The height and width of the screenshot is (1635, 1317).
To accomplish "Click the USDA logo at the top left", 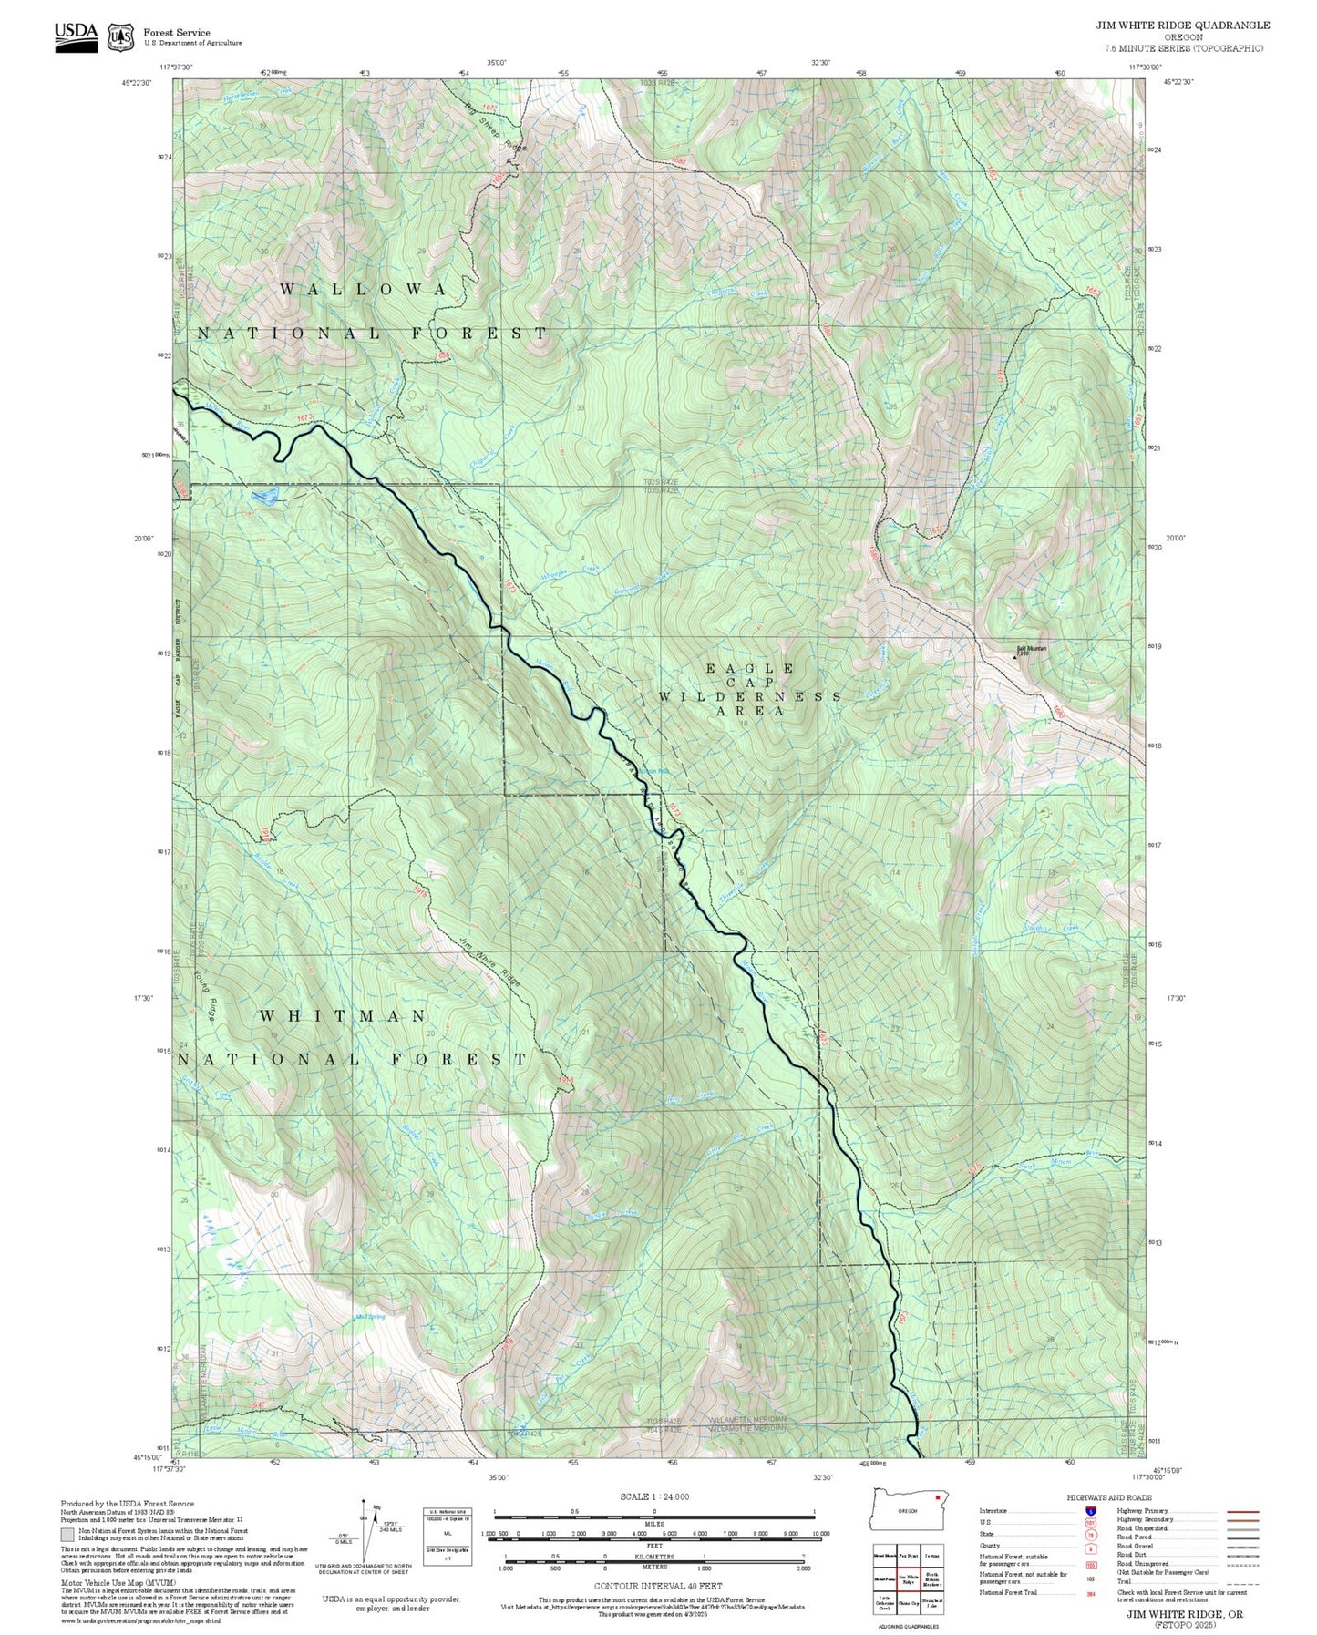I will pos(76,36).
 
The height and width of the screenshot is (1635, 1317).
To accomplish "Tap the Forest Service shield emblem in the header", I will pos(120,36).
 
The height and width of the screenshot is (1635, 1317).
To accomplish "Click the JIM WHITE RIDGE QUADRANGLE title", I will pos(1182,25).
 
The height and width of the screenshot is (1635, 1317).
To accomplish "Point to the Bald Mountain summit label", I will pos(1032,650).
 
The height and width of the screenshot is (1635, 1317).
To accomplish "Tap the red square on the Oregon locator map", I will pos(937,1496).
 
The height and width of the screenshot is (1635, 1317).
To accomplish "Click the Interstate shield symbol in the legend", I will pos(1090,1511).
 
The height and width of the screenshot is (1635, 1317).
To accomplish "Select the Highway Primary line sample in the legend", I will pos(1242,1511).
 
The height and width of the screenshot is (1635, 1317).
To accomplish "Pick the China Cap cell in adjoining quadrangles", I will pos(908,1603).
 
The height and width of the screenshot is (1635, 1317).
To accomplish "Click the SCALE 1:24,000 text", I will pos(653,1496).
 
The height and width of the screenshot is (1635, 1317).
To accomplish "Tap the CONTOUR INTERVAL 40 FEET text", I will pos(653,1586).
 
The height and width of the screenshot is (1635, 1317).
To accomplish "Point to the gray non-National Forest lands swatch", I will pos(67,1534).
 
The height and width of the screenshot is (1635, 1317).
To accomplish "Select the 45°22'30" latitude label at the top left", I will pos(137,82).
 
